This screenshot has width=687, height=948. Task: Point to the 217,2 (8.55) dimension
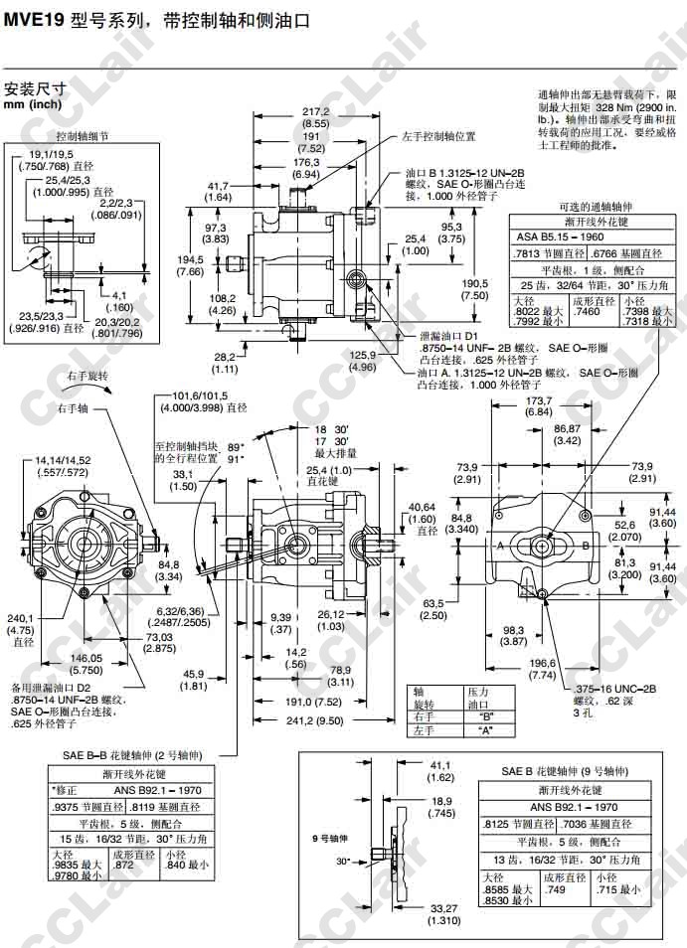315,116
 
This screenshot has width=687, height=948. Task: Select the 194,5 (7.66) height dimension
190,265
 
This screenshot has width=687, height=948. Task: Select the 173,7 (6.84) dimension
541,405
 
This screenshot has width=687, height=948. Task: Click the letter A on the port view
500,547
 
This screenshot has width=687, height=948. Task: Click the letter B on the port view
586,547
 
